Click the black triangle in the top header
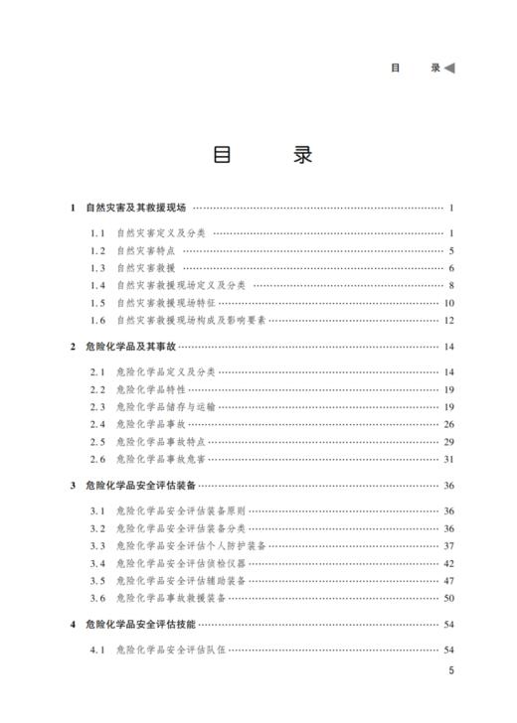click(449, 68)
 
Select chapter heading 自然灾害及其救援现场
click(135, 208)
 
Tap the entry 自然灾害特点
click(145, 250)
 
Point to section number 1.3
click(97, 268)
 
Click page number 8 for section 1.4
click(451, 285)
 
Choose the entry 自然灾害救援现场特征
click(172, 303)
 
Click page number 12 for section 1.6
click(449, 320)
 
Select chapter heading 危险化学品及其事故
click(130, 347)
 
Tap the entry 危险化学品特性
click(150, 389)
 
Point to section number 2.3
click(97, 407)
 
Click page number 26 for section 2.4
click(449, 424)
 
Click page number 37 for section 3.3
click(449, 545)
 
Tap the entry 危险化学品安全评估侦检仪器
click(180, 563)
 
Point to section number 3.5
click(97, 580)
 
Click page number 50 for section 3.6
click(449, 598)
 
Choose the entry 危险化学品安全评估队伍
click(172, 650)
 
